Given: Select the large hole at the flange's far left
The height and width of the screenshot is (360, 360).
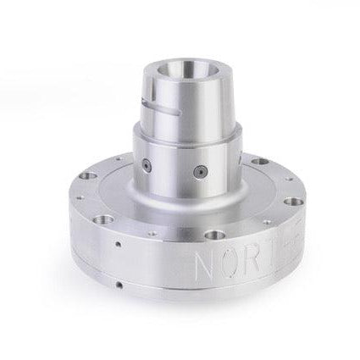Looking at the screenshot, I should tap(84, 177).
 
